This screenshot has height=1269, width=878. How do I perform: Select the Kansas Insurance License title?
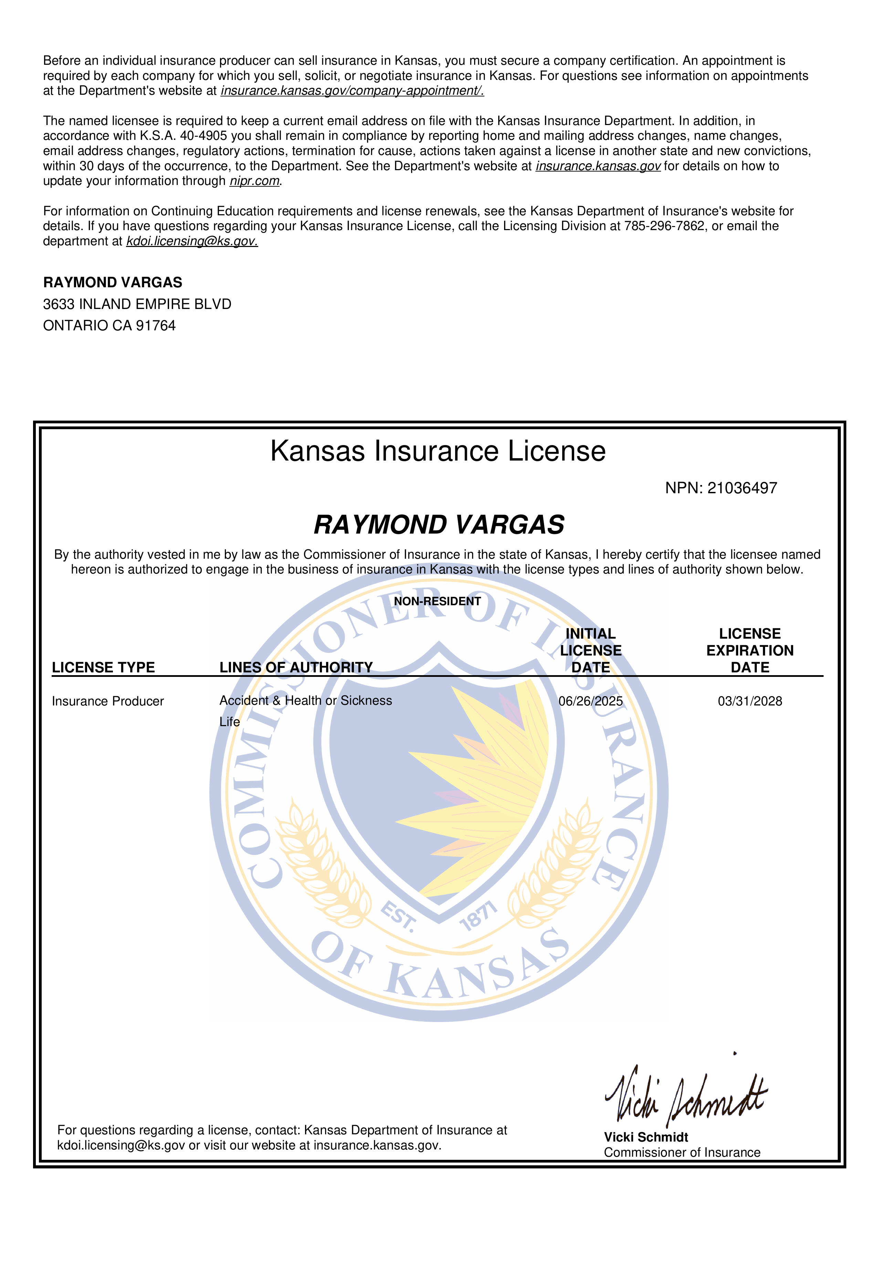pos(438,451)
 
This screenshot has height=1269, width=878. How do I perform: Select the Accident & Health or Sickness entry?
pos(305,701)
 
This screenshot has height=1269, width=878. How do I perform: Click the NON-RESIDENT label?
pos(437,601)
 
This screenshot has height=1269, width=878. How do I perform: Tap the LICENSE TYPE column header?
pos(103,668)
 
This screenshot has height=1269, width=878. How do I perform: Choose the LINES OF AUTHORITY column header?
pos(296,668)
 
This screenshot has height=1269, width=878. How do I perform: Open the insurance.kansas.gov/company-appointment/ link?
pos(352,91)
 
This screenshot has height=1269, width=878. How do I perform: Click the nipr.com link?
pos(254,181)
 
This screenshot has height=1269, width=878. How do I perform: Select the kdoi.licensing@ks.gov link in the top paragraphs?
pos(192,241)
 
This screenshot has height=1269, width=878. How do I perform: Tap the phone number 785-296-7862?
pos(664,226)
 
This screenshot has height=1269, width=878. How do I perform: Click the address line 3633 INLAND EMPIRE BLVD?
pos(137,304)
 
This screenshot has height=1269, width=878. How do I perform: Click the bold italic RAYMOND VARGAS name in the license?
pos(439,525)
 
